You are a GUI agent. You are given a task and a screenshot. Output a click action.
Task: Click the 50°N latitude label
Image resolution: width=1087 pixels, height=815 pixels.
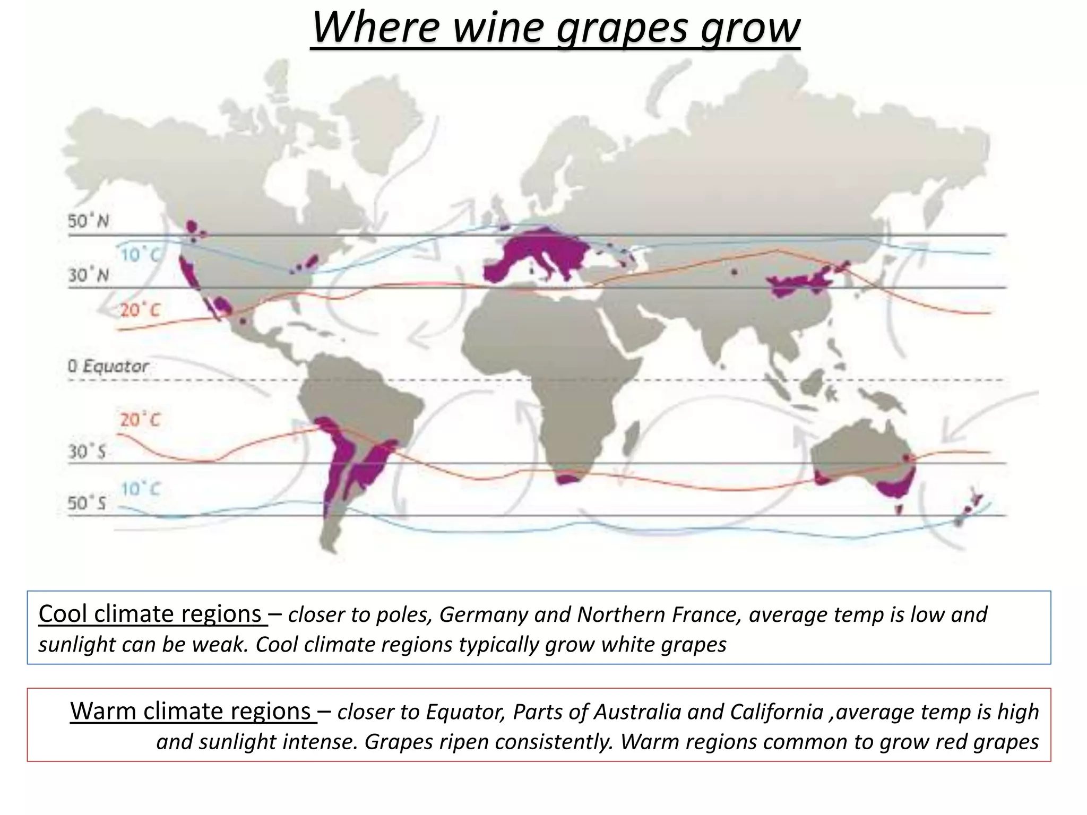[88, 221]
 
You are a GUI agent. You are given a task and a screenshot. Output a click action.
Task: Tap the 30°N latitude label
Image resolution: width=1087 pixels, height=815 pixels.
[88, 275]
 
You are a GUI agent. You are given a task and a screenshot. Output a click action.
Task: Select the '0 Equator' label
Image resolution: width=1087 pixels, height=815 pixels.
[108, 366]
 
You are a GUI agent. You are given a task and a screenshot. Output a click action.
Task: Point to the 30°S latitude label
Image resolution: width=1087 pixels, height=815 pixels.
[87, 452]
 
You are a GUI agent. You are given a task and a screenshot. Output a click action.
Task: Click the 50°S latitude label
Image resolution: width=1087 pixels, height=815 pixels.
[87, 502]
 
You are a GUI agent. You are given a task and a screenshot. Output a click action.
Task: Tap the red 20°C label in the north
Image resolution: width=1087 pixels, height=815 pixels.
[140, 309]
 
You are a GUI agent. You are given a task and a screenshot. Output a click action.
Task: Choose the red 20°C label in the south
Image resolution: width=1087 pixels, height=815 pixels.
[140, 420]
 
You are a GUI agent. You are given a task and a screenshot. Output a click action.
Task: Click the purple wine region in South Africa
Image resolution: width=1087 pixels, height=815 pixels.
[567, 479]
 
